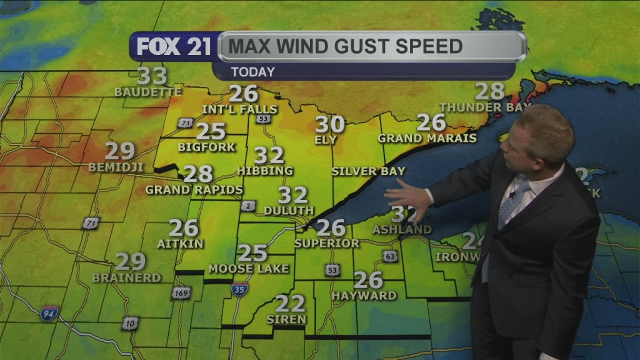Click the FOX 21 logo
click(174, 47)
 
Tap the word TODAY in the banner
click(252, 72)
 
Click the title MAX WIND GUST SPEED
click(345, 46)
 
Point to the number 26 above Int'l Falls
click(244, 94)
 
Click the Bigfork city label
click(207, 147)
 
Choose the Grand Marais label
click(427, 137)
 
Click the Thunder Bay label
click(479, 107)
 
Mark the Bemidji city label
click(116, 167)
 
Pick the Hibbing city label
click(265, 171)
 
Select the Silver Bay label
click(368, 171)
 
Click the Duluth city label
click(289, 211)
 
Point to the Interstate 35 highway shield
click(239, 289)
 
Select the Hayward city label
click(364, 295)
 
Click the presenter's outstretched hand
click(409, 197)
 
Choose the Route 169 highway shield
click(180, 292)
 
